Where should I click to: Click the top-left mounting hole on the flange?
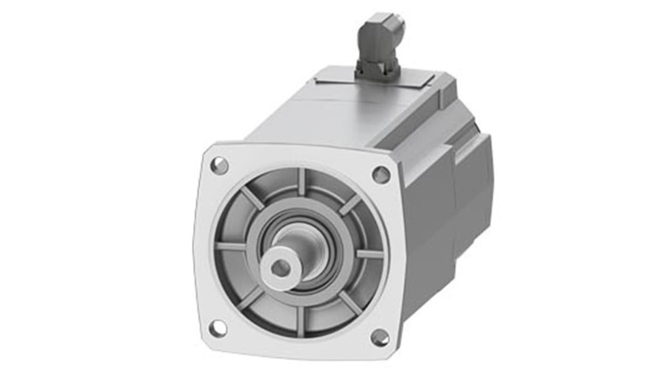pyautogui.click(x=219, y=165)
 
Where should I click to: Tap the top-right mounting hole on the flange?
pyautogui.click(x=381, y=175)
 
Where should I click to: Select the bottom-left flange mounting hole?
pyautogui.click(x=217, y=328)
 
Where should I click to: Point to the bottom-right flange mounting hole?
pyautogui.click(x=380, y=337)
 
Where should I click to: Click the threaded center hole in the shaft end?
pyautogui.click(x=281, y=268)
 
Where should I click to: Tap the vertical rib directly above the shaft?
pyautogui.click(x=302, y=182)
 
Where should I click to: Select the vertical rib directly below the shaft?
pyautogui.click(x=300, y=320)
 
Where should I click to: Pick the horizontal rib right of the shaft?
pyautogui.click(x=369, y=254)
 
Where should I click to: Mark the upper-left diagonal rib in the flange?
pyautogui.click(x=253, y=198)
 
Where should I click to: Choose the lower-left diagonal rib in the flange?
pyautogui.click(x=250, y=298)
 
